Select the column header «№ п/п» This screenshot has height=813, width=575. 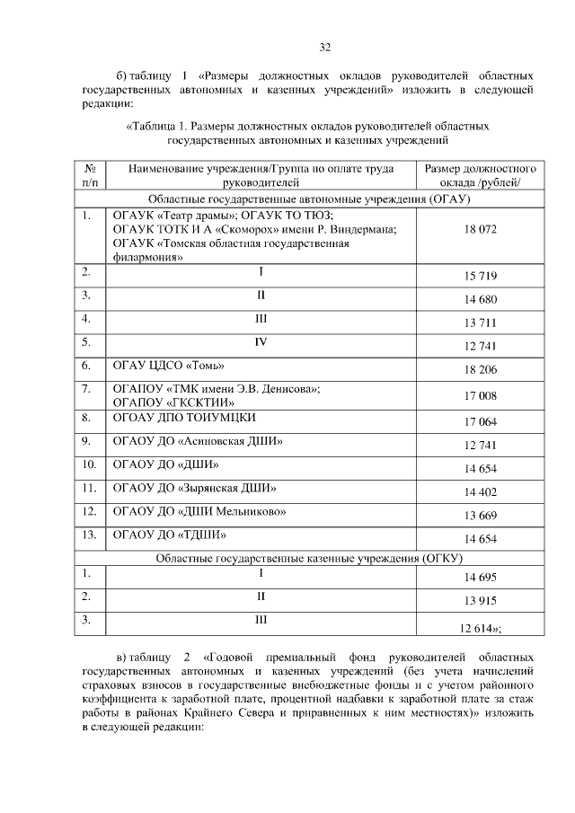90,175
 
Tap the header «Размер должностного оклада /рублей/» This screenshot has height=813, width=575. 480,175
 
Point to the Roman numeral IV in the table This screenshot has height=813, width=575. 261,341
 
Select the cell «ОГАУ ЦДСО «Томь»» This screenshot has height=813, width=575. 164,366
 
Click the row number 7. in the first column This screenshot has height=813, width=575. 87,389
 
